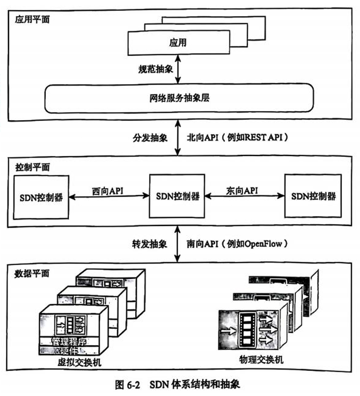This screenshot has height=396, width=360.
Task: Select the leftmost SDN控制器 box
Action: [41, 195]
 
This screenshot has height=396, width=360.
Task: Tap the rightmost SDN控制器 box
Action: [312, 195]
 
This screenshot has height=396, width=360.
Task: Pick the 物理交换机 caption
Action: [262, 360]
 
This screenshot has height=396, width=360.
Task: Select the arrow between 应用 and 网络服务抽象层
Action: [177, 68]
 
